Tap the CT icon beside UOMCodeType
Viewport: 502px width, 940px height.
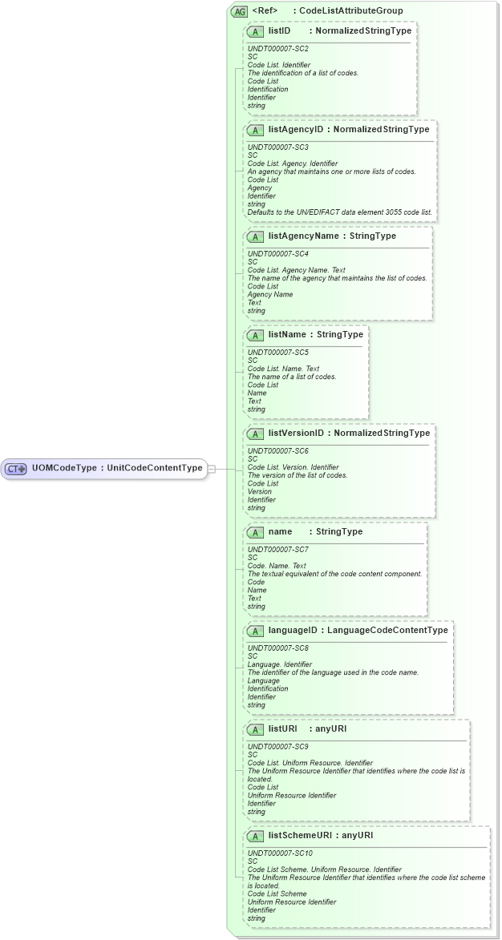(x=17, y=469)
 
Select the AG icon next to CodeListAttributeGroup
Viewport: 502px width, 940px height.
(x=239, y=11)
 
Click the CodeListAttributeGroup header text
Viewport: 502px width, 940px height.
(x=351, y=11)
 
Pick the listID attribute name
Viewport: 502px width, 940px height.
(x=279, y=30)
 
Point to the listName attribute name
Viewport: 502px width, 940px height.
(x=287, y=334)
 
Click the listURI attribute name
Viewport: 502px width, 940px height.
(x=282, y=728)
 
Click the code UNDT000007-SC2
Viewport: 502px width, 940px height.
(x=277, y=49)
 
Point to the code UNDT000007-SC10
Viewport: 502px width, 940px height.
(x=280, y=853)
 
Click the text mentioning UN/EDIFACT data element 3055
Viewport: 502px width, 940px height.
(x=340, y=212)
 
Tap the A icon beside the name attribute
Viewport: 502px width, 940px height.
(x=255, y=531)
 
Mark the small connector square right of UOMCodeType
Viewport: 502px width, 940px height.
(x=212, y=469)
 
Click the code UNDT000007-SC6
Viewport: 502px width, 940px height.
(x=277, y=451)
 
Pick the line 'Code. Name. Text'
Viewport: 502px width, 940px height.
(x=277, y=566)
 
